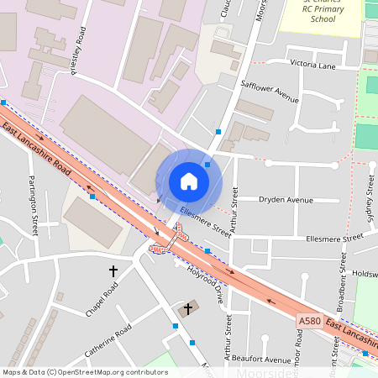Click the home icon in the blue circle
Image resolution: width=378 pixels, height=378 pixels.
click(x=188, y=181)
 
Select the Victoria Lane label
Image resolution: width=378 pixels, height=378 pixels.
click(x=312, y=64)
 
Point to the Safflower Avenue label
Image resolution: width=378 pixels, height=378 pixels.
click(x=270, y=91)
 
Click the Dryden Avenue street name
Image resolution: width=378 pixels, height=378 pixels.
click(x=286, y=200)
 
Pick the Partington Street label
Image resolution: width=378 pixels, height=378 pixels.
click(x=34, y=204)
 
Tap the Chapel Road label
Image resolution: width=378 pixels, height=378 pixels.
click(x=101, y=301)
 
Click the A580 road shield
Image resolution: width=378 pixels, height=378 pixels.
click(x=309, y=320)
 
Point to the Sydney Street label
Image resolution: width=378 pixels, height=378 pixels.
click(x=370, y=202)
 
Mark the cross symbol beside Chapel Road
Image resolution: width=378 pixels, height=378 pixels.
click(x=113, y=271)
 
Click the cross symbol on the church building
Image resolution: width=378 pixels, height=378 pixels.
click(x=187, y=308)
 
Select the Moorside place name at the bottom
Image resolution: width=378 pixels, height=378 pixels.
click(x=264, y=372)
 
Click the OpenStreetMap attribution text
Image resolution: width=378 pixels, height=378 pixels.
click(x=85, y=371)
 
